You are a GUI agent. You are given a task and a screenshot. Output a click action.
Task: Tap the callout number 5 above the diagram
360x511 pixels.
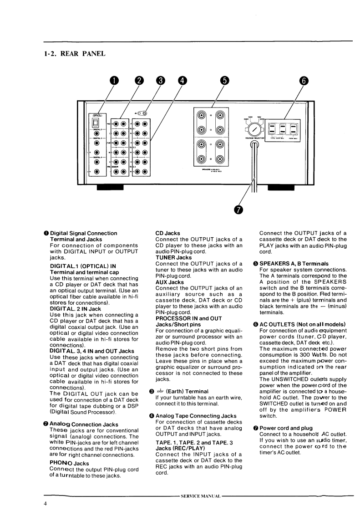(x=224, y=81)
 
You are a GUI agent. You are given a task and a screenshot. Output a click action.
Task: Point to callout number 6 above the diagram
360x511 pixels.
(x=303, y=81)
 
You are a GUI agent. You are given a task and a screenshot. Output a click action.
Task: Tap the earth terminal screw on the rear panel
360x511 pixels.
(x=145, y=112)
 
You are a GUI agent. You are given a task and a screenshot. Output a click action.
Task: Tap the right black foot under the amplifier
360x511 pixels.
(x=281, y=188)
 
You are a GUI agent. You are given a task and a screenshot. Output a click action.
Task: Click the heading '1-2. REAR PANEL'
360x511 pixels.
(x=75, y=54)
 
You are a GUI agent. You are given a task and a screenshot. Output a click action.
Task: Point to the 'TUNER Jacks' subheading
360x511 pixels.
(x=173, y=258)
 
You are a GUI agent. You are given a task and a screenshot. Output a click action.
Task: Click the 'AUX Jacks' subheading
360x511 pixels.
(x=169, y=282)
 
